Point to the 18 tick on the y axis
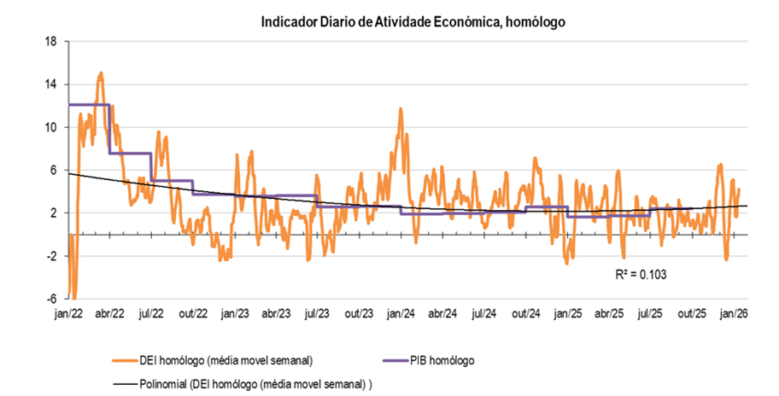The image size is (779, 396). pyautogui.click(x=50, y=41)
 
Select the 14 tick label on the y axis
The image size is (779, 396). pyautogui.click(x=50, y=84)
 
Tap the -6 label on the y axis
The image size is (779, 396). pyautogui.click(x=52, y=299)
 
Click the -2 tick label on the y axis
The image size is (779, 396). pyautogui.click(x=52, y=256)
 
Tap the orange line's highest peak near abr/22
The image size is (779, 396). pyautogui.click(x=101, y=74)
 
